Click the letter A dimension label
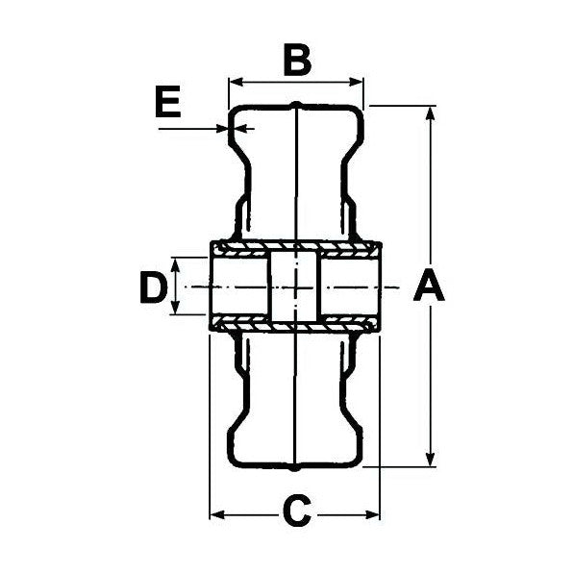(x=429, y=286)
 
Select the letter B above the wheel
(x=296, y=61)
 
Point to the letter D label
(x=152, y=287)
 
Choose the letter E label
(x=168, y=103)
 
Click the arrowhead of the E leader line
(x=222, y=127)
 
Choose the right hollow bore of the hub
(x=350, y=286)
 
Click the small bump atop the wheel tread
(x=297, y=104)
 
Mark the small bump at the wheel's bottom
(x=297, y=469)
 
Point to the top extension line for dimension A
(x=399, y=105)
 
